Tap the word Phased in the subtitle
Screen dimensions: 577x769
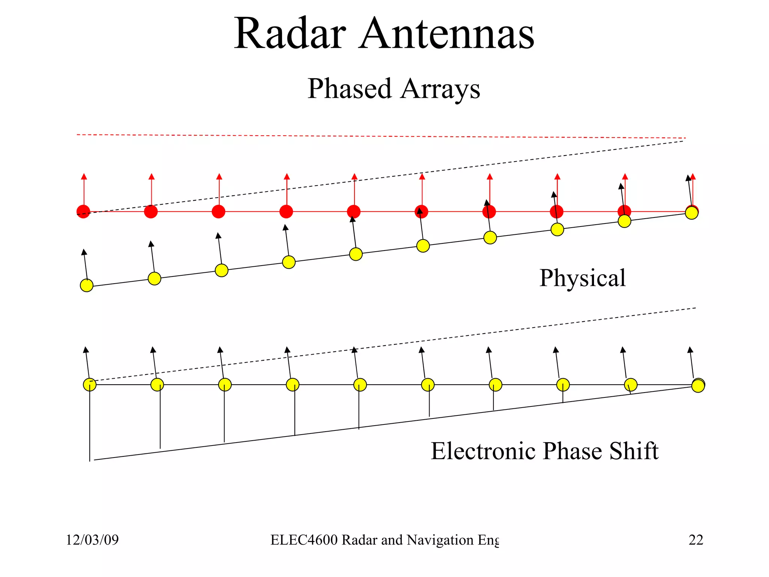tap(349, 89)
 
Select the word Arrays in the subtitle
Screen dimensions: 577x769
tap(440, 89)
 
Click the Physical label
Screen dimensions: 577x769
tap(582, 278)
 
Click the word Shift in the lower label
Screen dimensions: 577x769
tap(634, 451)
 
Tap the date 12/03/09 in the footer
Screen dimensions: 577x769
tap(92, 540)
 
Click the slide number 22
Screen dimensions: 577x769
tap(695, 540)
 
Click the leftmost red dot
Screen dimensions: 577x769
tap(83, 211)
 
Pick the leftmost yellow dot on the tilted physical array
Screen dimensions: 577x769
tap(87, 285)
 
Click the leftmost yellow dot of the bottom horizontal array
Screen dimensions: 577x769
tap(90, 385)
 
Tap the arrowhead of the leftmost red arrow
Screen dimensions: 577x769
tap(84, 177)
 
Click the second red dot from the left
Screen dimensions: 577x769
tap(151, 211)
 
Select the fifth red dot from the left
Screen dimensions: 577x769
tap(354, 211)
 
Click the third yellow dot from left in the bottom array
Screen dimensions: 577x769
tap(225, 385)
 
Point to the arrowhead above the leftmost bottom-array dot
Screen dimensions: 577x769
tap(86, 350)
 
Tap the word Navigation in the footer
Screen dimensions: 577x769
tap(440, 540)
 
